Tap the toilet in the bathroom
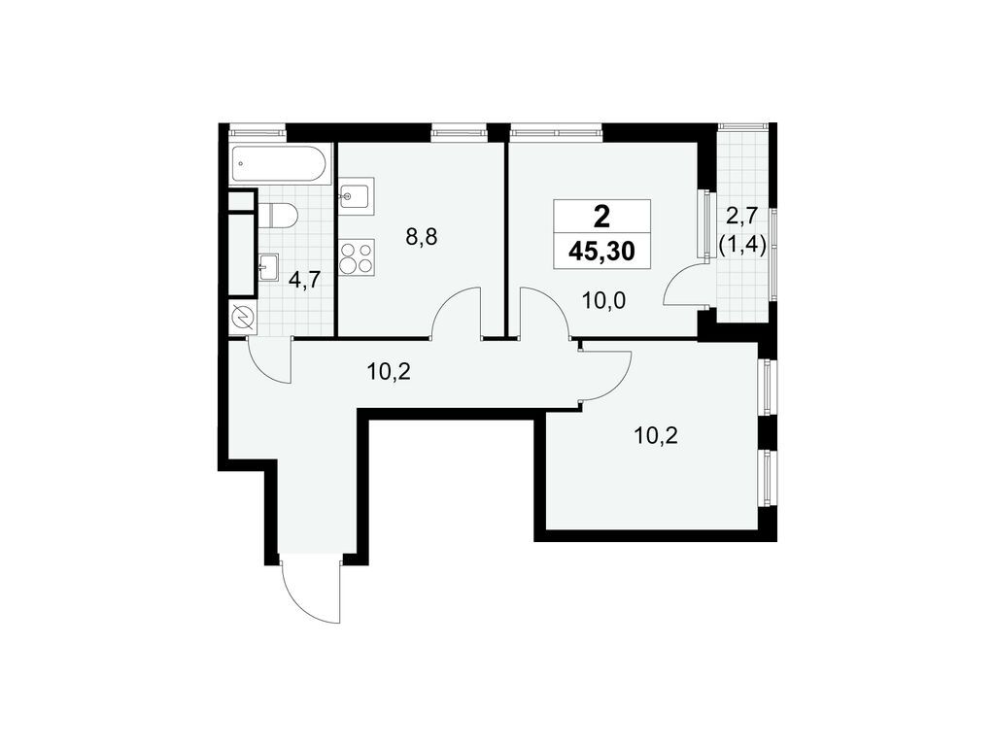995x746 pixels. coord(280,215)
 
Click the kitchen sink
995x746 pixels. coord(354,197)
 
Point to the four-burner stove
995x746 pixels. coord(357,257)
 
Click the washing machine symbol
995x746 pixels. coord(242,317)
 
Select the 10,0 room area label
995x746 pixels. coord(601,299)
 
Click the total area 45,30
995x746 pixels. coord(601,253)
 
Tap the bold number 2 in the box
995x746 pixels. coord(601,216)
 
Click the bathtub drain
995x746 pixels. coord(241,166)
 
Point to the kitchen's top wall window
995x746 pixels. coord(459,127)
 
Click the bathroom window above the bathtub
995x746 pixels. coord(257,127)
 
